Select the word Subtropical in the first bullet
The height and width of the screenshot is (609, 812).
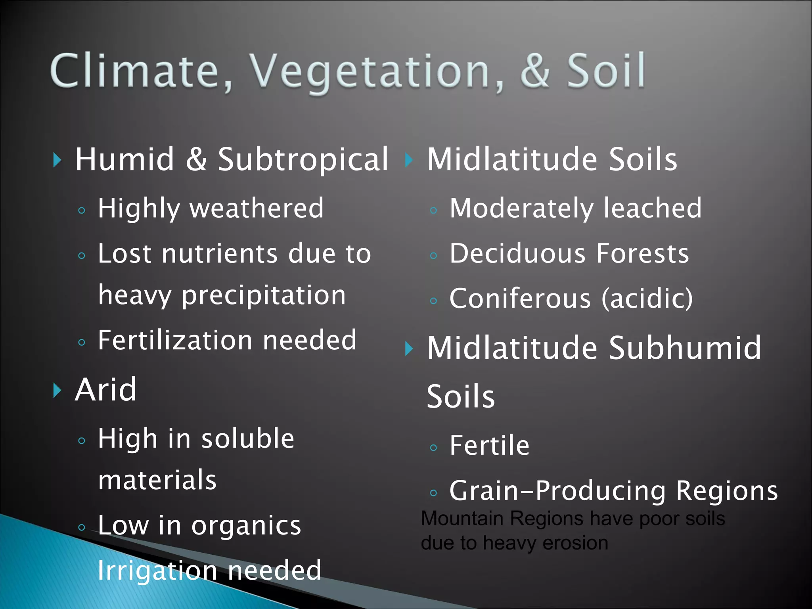(303, 159)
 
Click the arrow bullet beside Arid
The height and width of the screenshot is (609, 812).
(57, 391)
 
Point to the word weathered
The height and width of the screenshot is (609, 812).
(257, 208)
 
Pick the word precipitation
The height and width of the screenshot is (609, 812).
(264, 295)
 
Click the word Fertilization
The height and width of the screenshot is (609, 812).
(175, 340)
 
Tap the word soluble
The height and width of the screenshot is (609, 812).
(247, 439)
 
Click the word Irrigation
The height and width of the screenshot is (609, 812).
(157, 570)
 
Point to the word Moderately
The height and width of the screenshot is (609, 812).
(521, 208)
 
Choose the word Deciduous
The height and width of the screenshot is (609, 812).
(517, 253)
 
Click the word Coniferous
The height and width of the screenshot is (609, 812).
(520, 299)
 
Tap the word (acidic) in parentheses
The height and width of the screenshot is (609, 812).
(647, 299)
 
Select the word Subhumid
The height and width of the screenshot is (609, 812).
(685, 348)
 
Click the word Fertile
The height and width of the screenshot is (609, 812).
(489, 446)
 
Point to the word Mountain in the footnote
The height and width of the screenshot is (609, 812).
(462, 519)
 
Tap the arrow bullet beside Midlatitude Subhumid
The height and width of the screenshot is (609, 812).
(409, 349)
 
